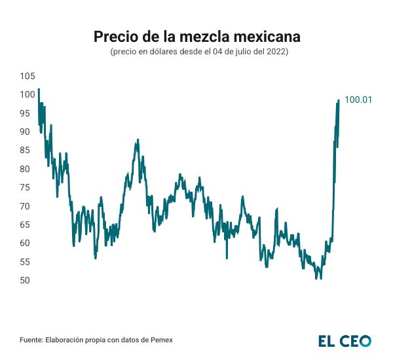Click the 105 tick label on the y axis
(27, 76)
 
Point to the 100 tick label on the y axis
(27, 94)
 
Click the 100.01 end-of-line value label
(358, 100)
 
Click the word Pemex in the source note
(162, 340)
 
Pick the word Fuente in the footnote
(32, 340)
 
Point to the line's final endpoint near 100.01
(339, 100)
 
